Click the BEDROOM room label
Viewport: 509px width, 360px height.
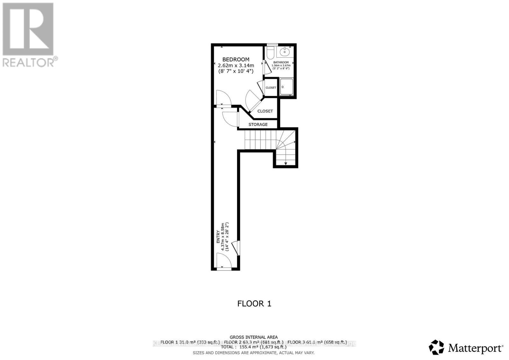coord(236,59)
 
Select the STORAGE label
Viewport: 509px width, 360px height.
coord(258,124)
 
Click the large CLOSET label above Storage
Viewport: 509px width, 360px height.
coord(265,111)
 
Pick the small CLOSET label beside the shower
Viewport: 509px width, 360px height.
coord(271,88)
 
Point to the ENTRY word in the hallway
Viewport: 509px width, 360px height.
coord(218,237)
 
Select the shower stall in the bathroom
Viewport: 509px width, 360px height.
coord(286,87)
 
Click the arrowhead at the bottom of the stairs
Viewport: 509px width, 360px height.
coord(286,163)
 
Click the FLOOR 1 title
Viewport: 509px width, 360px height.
coord(254,304)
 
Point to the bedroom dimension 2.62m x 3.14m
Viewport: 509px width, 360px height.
coord(236,66)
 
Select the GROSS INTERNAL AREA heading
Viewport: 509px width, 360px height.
coord(254,337)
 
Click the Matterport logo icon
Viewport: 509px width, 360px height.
coord(436,347)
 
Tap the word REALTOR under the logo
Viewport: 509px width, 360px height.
coord(29,62)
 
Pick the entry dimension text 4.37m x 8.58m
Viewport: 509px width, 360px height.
coord(223,237)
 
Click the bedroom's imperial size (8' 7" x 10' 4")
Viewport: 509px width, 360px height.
coord(236,72)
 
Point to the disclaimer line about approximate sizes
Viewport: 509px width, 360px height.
coord(254,353)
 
